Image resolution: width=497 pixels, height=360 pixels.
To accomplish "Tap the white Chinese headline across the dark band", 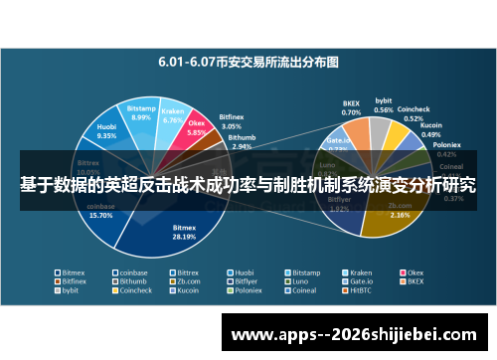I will coord(248,185).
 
